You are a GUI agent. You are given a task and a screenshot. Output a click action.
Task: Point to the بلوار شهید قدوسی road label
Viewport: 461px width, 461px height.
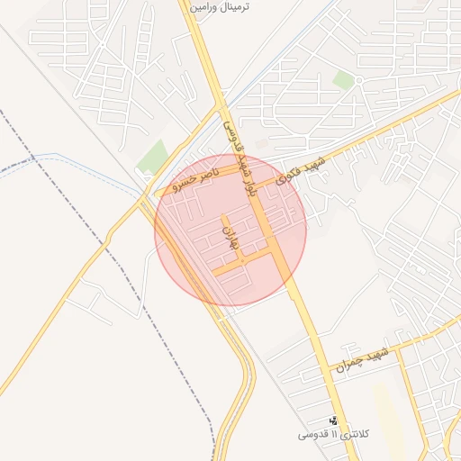241,158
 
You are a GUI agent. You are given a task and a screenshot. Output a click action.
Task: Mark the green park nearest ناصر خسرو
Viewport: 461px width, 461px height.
153,157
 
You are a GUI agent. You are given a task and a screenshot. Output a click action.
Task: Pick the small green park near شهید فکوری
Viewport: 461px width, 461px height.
343,80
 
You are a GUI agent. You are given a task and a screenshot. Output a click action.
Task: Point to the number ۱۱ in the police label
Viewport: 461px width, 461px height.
333,435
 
